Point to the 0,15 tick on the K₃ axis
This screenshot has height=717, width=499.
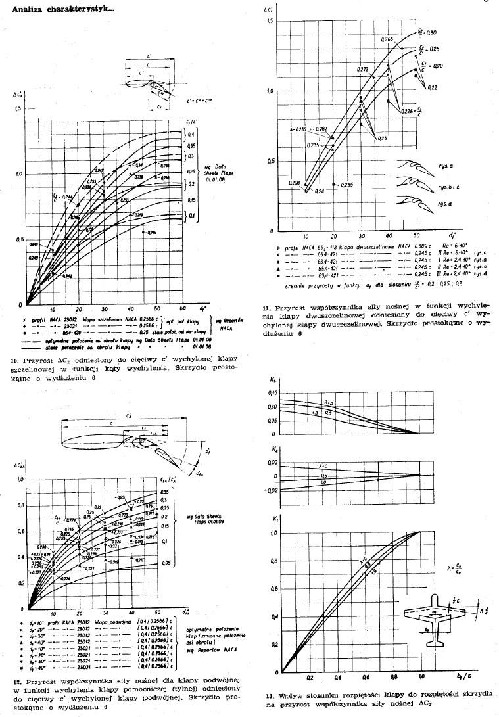pyautogui.click(x=272, y=393)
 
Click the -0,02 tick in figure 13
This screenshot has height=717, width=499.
pyautogui.click(x=270, y=490)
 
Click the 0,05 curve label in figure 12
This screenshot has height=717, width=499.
pyautogui.click(x=166, y=563)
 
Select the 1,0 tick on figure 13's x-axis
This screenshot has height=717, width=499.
pyautogui.click(x=421, y=676)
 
